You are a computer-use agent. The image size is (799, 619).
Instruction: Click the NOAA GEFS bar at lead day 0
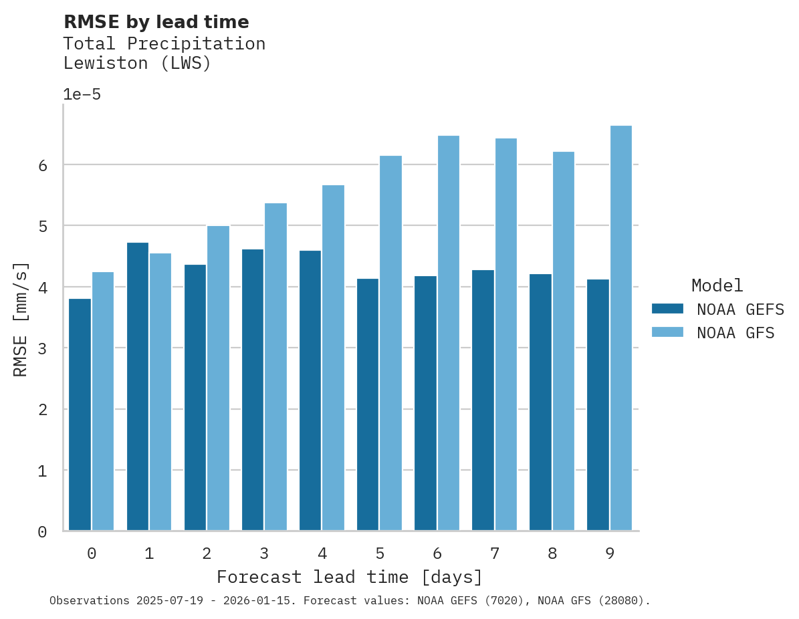80,414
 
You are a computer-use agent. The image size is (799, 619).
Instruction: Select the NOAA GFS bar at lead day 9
621,328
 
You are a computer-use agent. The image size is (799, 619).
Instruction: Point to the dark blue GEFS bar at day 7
483,400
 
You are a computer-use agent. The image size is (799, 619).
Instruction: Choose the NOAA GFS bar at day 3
275,367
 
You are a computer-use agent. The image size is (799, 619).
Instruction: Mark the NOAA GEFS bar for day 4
310,390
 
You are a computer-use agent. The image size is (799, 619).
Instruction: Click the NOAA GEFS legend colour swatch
667,309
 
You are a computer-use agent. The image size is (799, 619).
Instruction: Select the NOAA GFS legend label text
735,333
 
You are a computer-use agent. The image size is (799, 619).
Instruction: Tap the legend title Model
717,285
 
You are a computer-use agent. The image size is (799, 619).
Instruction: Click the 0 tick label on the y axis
42,532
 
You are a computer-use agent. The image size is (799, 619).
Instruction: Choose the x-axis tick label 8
552,553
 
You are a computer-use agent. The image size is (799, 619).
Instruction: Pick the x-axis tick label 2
207,553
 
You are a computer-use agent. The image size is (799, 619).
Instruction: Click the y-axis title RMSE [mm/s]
21,319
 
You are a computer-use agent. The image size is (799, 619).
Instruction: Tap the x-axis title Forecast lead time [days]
349,577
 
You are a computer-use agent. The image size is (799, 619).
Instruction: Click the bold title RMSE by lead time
156,22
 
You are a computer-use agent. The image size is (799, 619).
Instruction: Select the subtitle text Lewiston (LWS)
137,64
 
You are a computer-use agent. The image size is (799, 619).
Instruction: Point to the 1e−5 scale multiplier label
82,94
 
